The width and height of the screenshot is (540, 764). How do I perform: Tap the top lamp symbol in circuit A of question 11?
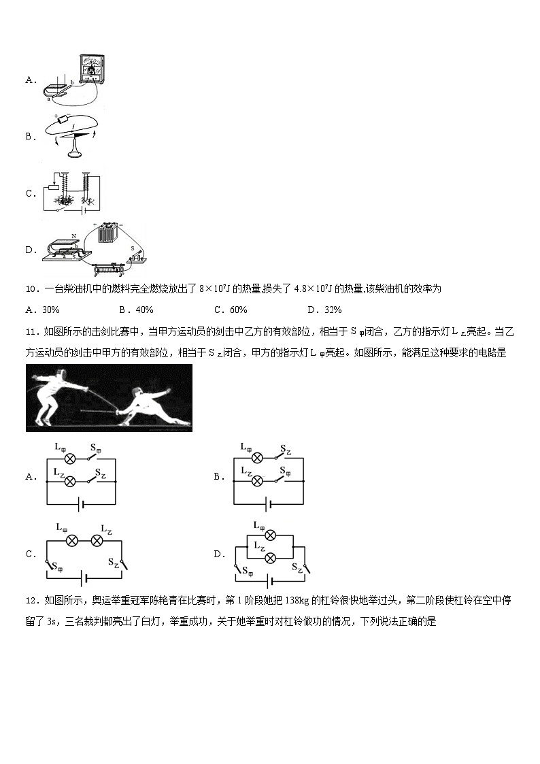[x=69, y=459]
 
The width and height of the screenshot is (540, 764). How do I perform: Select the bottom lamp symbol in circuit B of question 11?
[x=256, y=481]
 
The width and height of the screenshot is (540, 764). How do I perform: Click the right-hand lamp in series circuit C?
[x=97, y=540]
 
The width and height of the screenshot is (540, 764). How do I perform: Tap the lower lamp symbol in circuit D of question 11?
[x=270, y=557]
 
